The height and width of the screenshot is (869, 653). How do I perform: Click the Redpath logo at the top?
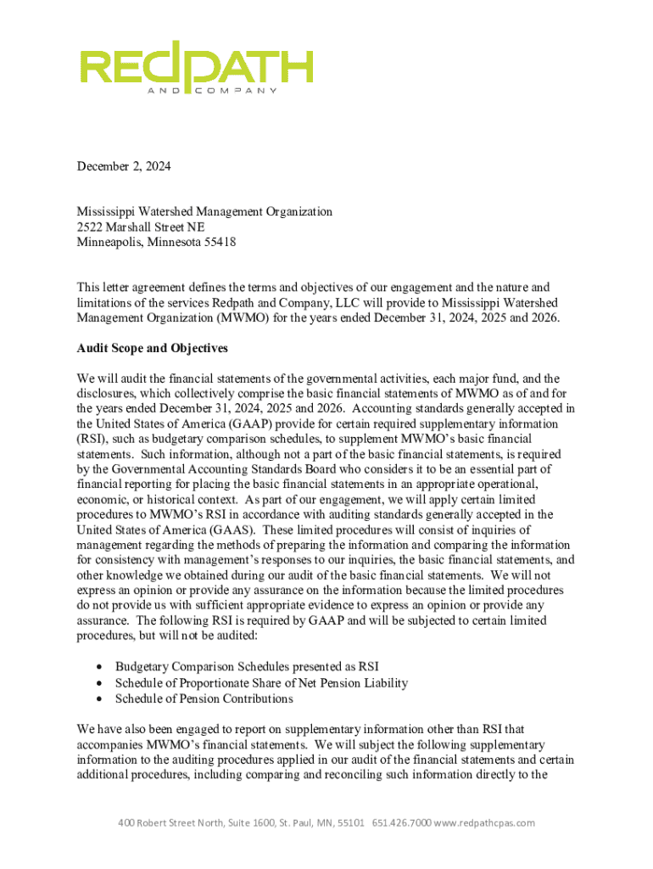(196, 66)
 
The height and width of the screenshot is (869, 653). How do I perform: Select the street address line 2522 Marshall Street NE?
(140, 227)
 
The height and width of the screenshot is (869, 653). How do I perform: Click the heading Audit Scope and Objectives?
(152, 349)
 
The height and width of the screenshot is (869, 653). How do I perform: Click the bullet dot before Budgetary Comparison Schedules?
(101, 667)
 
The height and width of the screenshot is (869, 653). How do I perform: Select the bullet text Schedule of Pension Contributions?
(204, 698)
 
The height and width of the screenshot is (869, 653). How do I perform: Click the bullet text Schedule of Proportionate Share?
(261, 682)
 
